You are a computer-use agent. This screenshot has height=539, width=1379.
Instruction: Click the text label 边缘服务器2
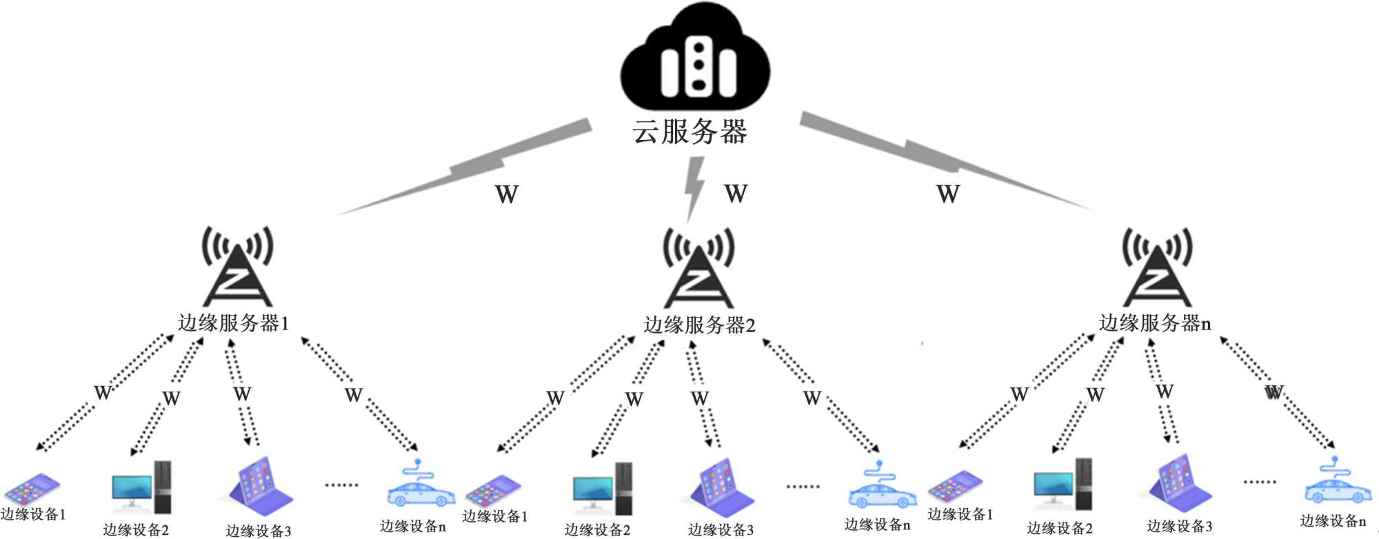coord(699,325)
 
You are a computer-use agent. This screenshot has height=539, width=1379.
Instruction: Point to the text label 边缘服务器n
coord(1154,323)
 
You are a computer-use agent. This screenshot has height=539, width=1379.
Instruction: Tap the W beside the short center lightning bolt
coord(736,194)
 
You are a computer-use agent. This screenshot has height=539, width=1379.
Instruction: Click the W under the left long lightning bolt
coord(507,194)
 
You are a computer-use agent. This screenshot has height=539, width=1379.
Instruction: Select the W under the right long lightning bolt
coord(948,194)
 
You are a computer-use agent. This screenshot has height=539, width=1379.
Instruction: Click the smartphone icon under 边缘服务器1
coord(32,489)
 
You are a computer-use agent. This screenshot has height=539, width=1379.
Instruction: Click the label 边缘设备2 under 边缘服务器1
coord(136,529)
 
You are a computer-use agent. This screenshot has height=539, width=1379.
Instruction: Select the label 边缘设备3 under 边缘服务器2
coord(721,529)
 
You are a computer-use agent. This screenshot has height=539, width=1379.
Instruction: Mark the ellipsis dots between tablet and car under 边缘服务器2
coord(803,487)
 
